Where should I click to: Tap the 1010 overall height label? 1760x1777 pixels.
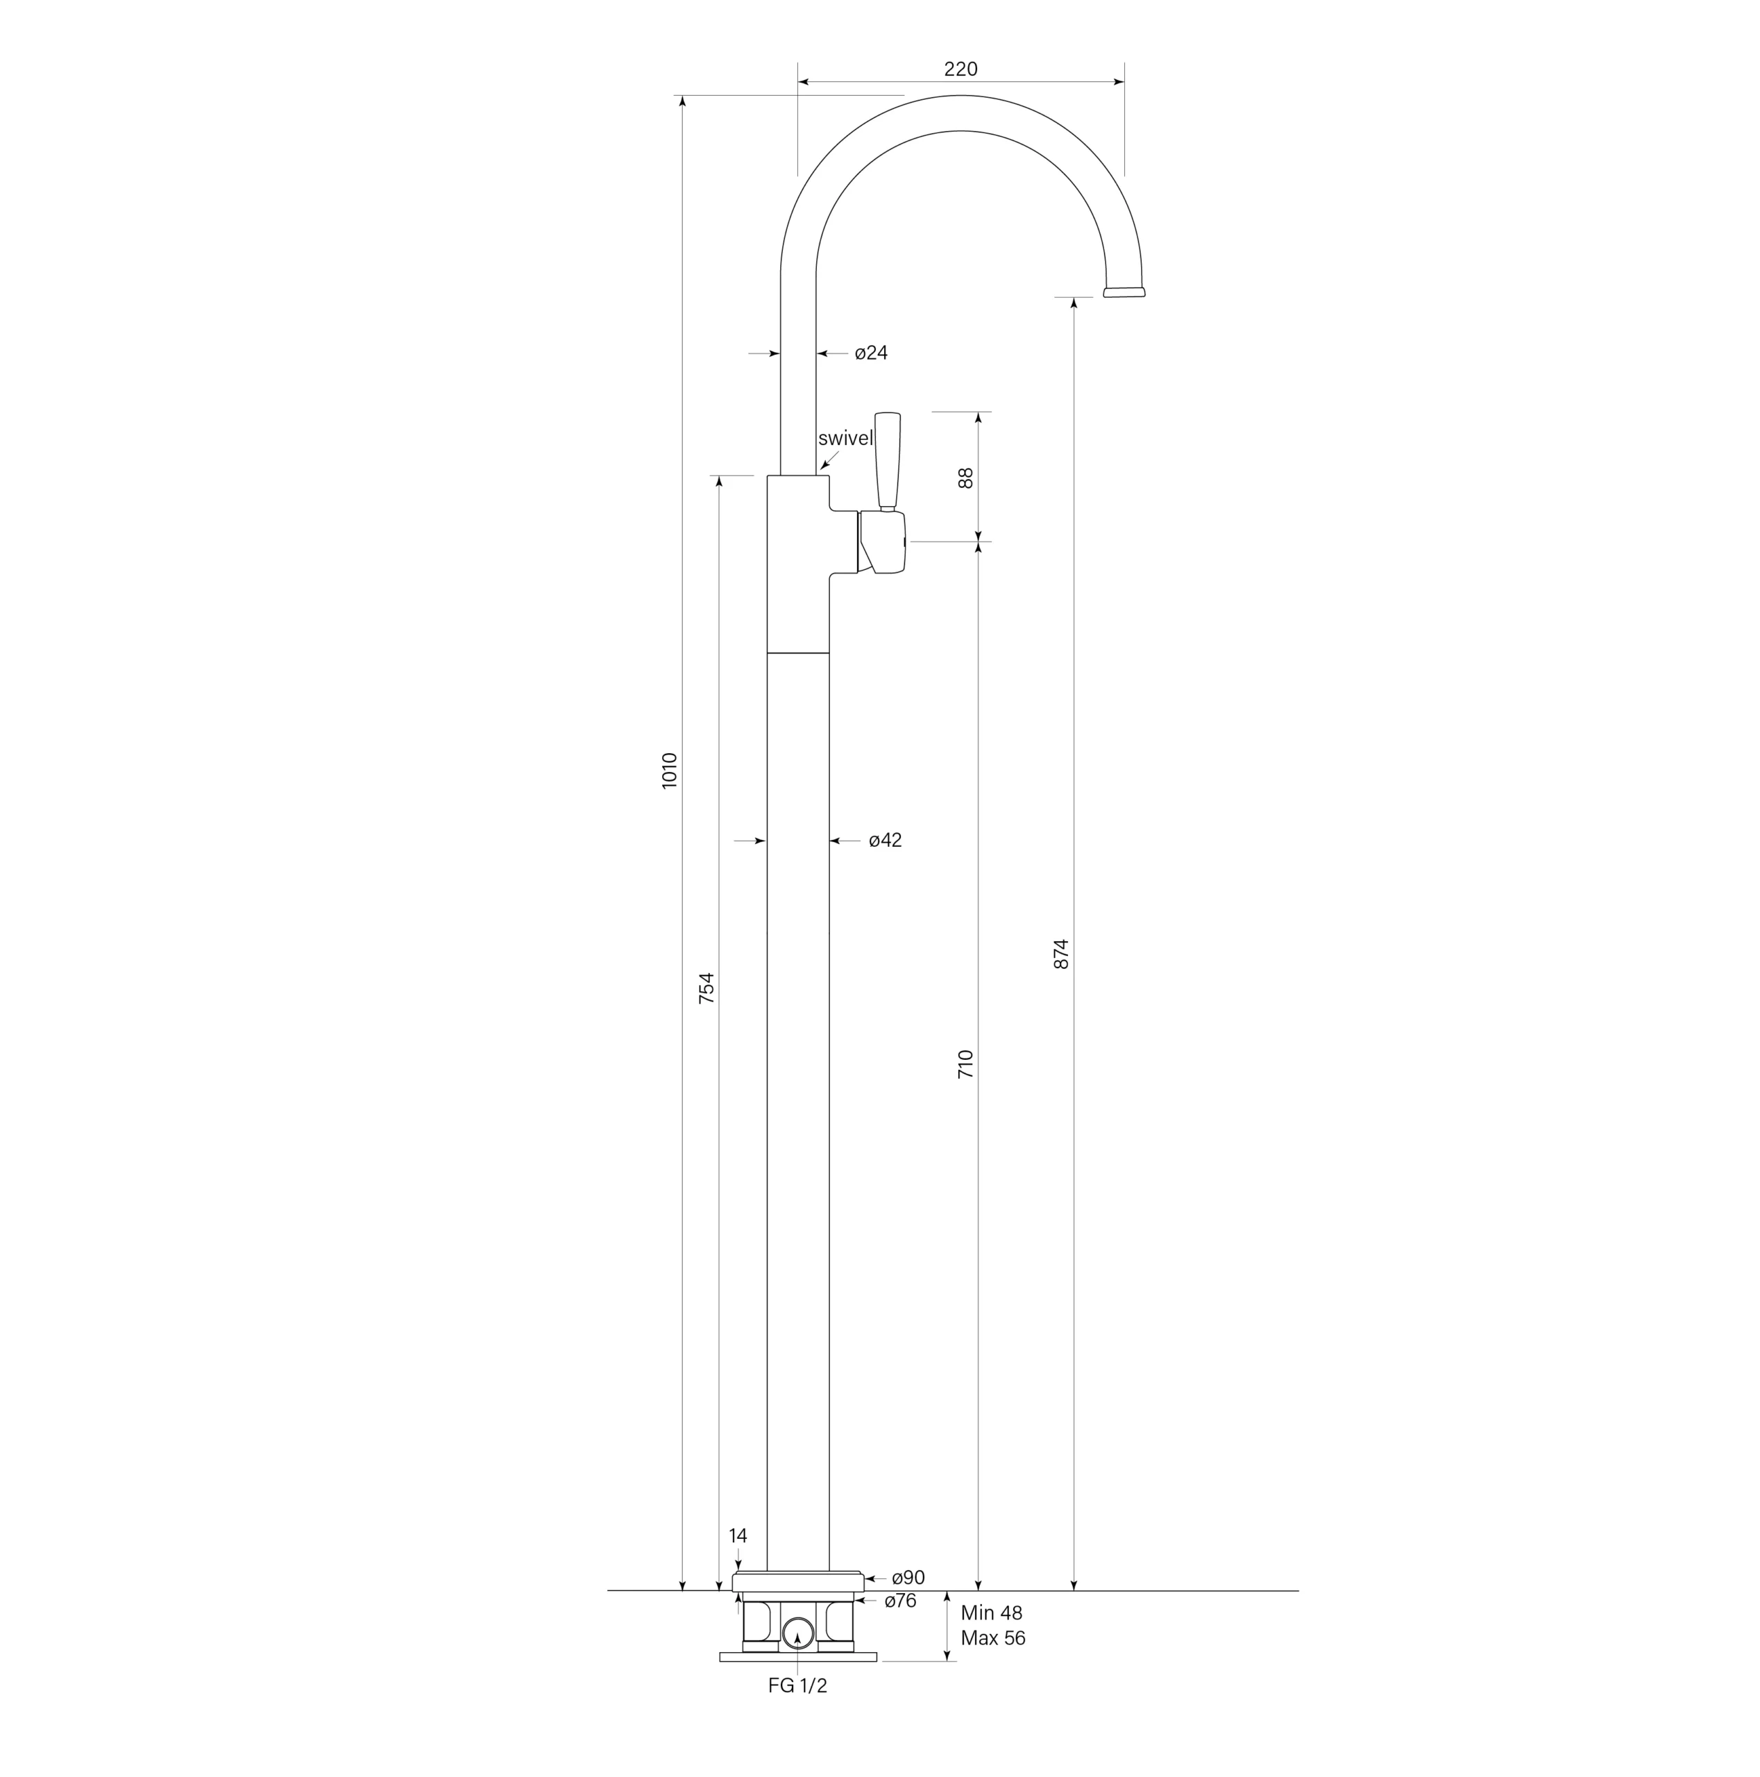(x=670, y=770)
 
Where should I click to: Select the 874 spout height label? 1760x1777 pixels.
(x=1061, y=954)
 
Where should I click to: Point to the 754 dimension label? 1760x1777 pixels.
(x=706, y=988)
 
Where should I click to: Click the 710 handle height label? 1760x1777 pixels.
(x=965, y=1064)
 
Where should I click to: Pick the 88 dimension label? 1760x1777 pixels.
(x=965, y=478)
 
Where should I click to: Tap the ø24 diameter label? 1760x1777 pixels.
(x=871, y=353)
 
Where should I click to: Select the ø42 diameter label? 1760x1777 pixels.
(x=886, y=841)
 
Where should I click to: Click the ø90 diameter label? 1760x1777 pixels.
(x=908, y=1578)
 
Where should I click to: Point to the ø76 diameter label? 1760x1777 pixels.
(x=900, y=1601)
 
